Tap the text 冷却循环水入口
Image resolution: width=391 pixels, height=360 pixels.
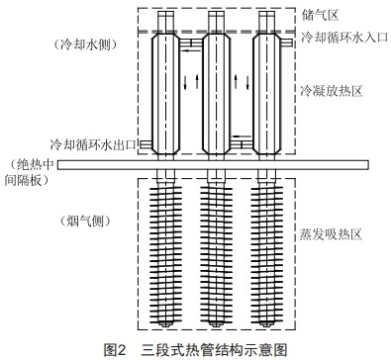point(343,37)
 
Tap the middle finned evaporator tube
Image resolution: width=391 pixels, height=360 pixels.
point(217,252)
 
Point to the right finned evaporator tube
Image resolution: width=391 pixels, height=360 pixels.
point(268,252)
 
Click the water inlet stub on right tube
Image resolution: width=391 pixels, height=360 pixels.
point(289,43)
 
